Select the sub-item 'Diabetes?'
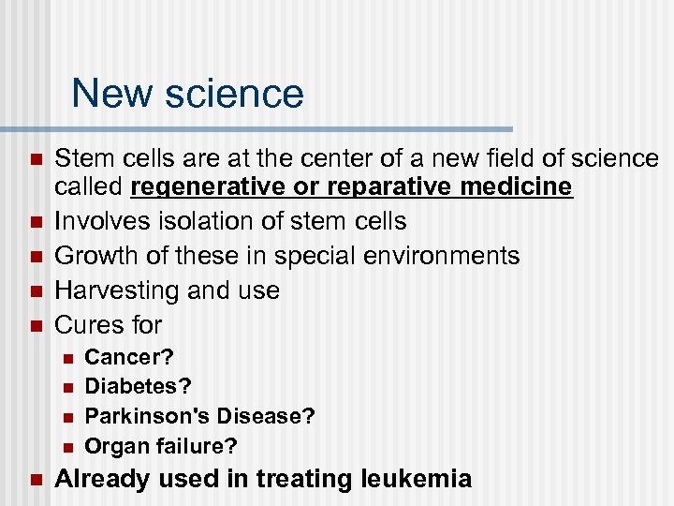[138, 386]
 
